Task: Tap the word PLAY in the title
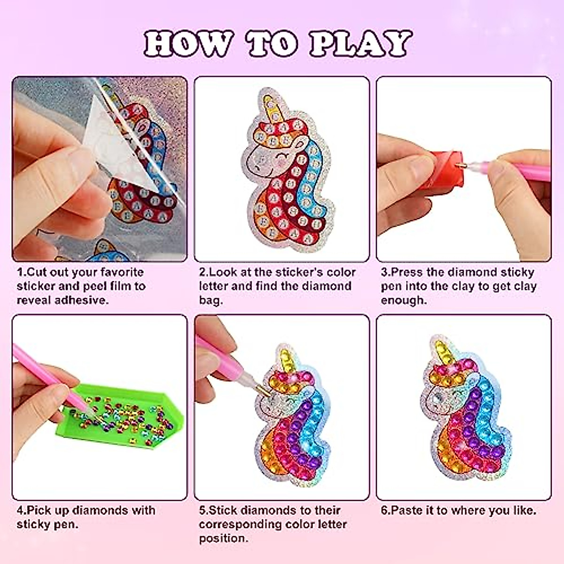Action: pos(360,44)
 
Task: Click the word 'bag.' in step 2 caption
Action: pos(211,300)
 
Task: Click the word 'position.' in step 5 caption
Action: pos(223,538)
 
